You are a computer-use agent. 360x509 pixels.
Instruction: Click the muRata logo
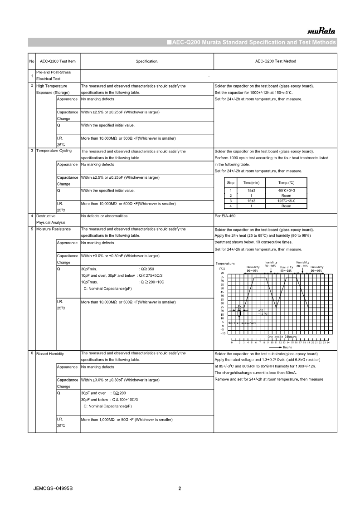coord(321,31)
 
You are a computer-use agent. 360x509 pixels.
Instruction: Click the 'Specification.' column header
coord(147,61)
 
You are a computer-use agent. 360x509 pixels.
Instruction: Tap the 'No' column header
coord(31,61)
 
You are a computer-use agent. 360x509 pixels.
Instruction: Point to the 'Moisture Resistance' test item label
coord(54,229)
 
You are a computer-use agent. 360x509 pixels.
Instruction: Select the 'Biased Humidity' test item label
coord(50,353)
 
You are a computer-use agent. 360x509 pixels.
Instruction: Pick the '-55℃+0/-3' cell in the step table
coord(286,190)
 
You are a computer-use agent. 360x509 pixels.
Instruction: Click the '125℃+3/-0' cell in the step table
coord(286,201)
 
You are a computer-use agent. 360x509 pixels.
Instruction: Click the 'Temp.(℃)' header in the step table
coord(286,182)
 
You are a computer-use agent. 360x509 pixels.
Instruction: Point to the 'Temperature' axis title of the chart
coord(225,264)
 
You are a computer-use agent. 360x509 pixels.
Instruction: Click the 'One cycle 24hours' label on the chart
coord(282,337)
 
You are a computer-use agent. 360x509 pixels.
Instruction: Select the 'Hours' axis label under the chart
coord(287,347)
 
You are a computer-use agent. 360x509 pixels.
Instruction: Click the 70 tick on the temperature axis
coord(222,273)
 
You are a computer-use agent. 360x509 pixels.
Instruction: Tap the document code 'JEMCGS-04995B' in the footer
coord(53,489)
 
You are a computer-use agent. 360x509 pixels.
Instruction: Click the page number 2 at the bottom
coord(180,489)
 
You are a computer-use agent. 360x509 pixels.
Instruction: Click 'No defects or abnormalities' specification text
coord(104,216)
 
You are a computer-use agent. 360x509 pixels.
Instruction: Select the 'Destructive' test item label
coord(46,216)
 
